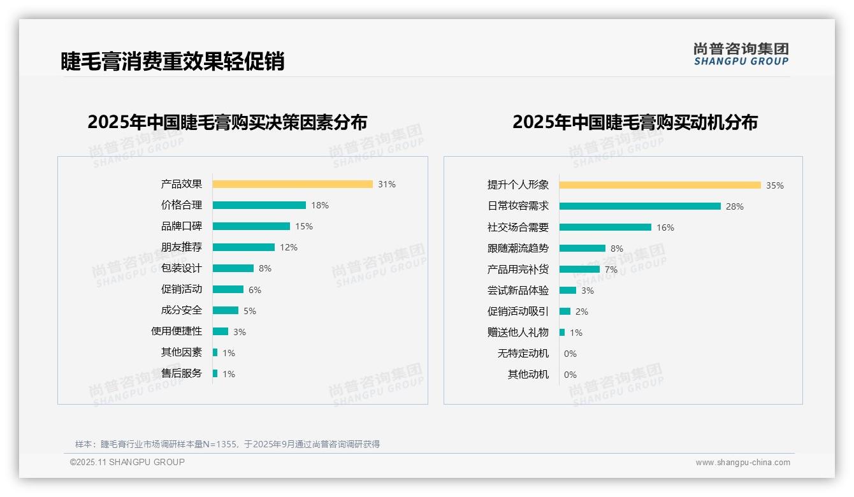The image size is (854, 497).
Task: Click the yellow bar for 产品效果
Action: coord(293,184)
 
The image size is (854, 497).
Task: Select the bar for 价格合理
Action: coord(259,205)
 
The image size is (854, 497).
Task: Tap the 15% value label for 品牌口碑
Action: coord(304,226)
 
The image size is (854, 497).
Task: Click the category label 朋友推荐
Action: coord(182,247)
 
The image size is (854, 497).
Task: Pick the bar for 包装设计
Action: coord(233,268)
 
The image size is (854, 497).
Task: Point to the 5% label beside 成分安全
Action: coord(250,311)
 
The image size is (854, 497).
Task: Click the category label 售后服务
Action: coord(182,373)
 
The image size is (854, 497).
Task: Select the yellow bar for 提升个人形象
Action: coord(660,185)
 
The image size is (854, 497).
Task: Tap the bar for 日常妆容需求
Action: coord(640,206)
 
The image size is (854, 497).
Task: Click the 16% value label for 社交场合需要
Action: coord(665,227)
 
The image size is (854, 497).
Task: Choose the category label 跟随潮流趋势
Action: coord(518,248)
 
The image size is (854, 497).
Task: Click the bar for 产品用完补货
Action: coord(579,270)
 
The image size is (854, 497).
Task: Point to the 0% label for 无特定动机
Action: coord(570,354)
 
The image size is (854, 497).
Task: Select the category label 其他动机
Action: coord(528,375)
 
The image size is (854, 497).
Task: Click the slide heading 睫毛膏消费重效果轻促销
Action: coord(173,61)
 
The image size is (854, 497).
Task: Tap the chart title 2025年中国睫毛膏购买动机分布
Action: coord(635,122)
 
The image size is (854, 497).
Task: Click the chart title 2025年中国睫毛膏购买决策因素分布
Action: coord(228,122)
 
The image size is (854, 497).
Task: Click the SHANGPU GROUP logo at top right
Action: coord(741,54)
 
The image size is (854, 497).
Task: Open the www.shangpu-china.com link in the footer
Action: coord(743,463)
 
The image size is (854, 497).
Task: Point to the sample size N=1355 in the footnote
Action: coord(219,444)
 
